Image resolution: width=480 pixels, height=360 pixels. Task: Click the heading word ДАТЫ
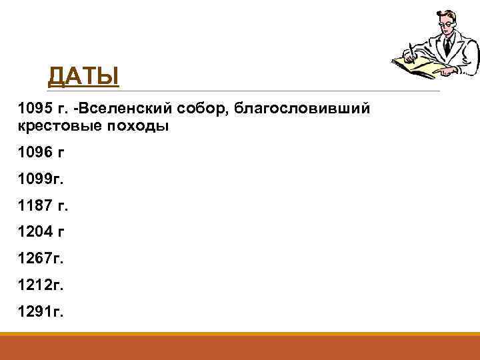83,76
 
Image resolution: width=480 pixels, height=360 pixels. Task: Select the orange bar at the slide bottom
240,347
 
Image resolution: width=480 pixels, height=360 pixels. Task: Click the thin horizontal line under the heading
267,91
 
